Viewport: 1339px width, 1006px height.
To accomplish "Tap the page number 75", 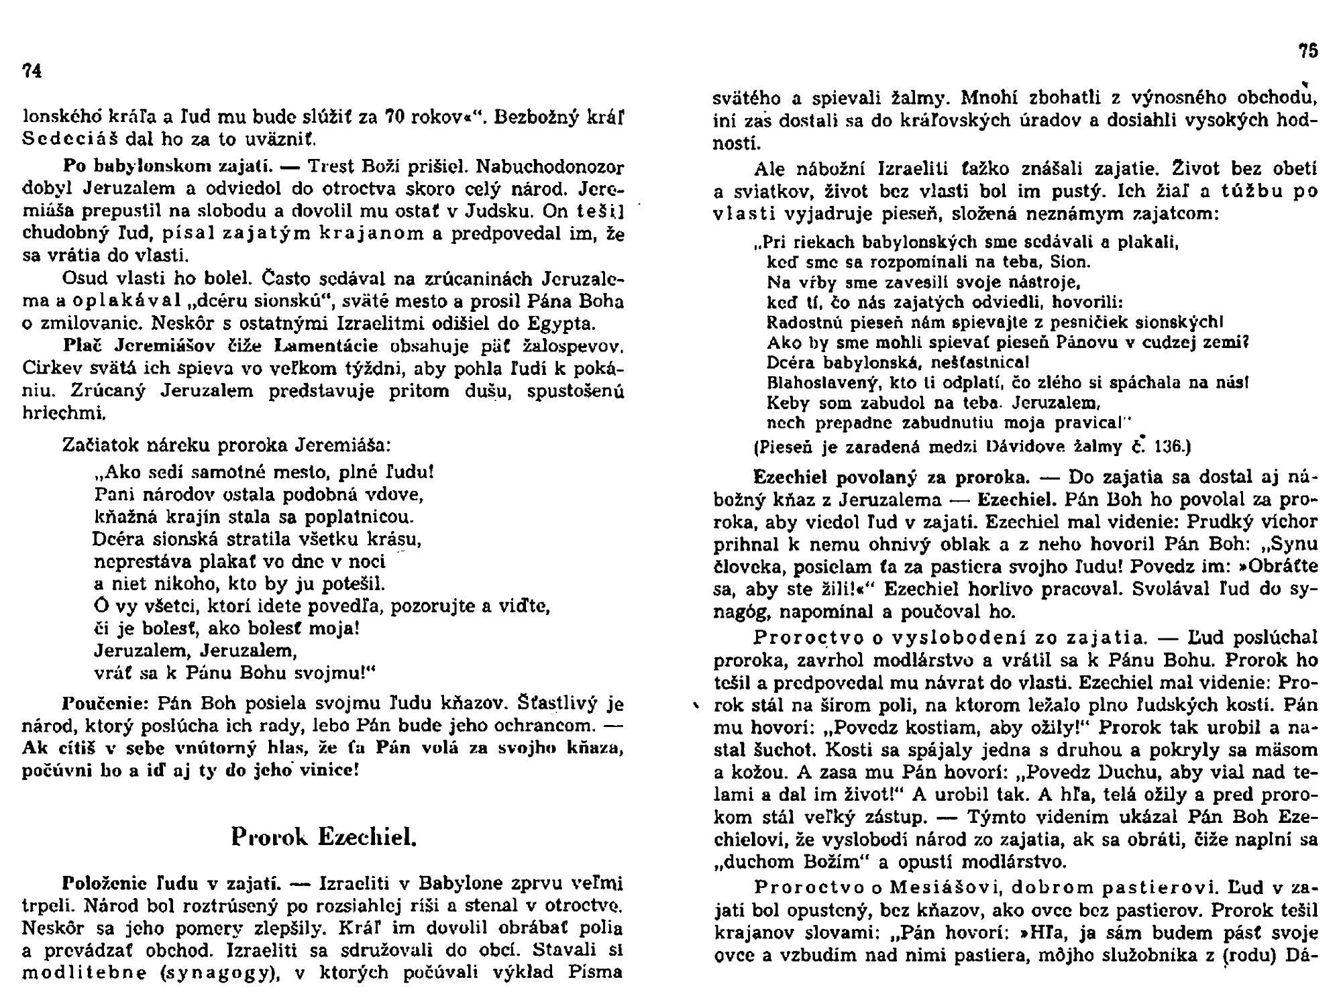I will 1308,51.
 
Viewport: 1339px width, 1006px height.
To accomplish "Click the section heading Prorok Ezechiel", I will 324,837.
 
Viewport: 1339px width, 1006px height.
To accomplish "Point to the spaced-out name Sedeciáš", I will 65,140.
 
